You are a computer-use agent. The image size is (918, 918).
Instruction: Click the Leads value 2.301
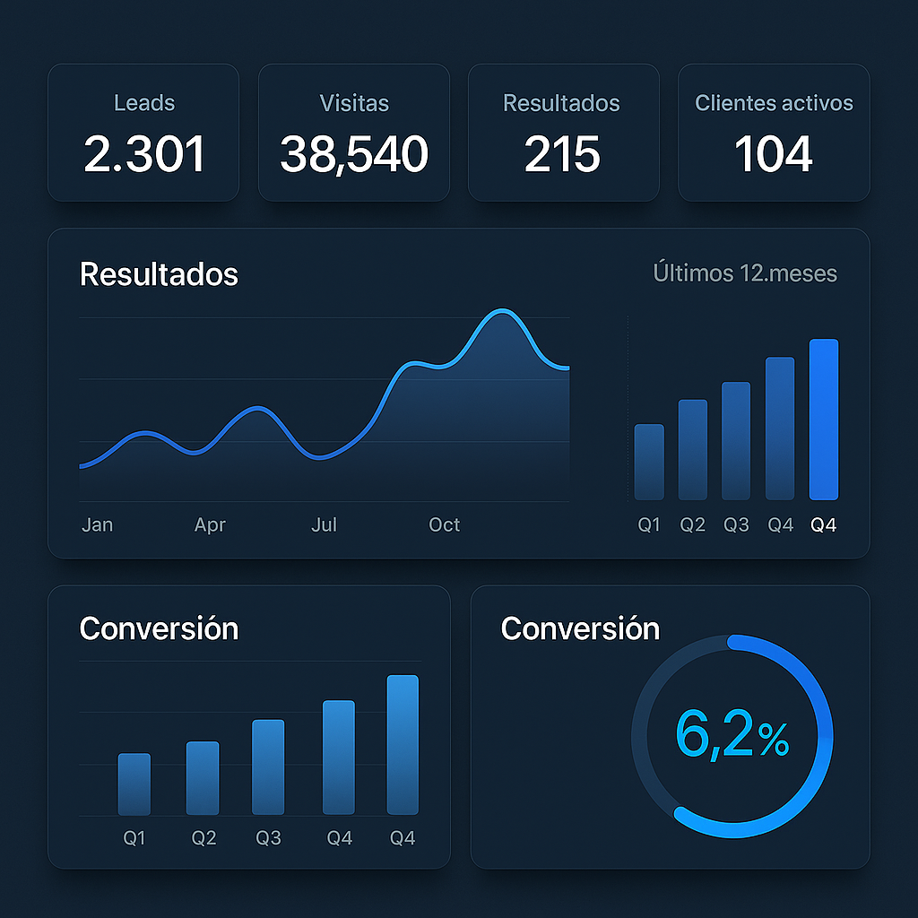144,154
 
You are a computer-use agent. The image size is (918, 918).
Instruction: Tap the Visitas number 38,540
354,154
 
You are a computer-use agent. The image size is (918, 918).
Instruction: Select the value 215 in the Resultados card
562,154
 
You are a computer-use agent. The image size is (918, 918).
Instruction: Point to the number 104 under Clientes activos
774,154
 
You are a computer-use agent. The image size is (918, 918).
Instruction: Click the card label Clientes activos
774,103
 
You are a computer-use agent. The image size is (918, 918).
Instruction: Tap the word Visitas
354,103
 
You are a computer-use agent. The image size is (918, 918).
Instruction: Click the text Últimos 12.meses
745,273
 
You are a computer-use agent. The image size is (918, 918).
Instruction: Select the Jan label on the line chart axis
97,525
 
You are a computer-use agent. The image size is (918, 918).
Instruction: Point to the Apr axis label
210,525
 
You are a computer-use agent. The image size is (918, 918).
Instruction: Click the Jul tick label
324,525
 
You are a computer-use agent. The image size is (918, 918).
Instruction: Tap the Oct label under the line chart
444,525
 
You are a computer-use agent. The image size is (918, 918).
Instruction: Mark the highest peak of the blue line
502,312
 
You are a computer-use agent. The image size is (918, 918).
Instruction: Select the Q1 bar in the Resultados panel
649,462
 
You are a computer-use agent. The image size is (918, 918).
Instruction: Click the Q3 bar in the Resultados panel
736,440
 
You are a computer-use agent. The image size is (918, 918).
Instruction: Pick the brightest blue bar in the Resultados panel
824,419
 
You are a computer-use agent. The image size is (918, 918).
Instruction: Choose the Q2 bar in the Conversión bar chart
203,777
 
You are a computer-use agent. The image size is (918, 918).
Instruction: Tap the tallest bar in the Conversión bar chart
403,744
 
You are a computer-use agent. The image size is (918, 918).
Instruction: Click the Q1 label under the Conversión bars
134,839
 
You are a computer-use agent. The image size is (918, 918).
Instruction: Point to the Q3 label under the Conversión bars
268,839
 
